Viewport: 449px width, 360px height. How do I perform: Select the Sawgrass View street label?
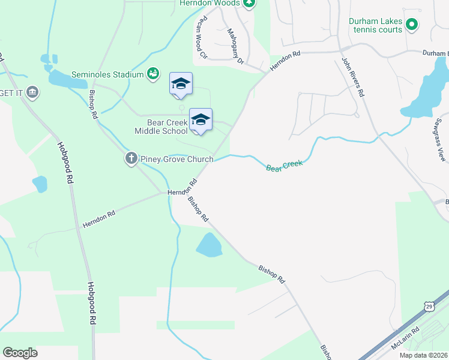pyautogui.click(x=441, y=145)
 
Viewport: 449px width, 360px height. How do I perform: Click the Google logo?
pyautogui.click(x=20, y=353)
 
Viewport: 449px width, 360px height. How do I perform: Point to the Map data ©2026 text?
pyautogui.click(x=423, y=355)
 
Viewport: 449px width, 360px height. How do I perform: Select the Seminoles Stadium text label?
pyautogui.click(x=107, y=74)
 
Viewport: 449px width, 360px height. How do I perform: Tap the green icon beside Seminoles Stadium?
pyautogui.click(x=153, y=74)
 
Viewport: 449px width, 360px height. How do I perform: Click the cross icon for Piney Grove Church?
pyautogui.click(x=131, y=159)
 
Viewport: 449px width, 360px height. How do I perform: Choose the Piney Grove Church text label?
pyautogui.click(x=176, y=159)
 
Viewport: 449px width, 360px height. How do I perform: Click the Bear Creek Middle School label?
pyautogui.click(x=161, y=126)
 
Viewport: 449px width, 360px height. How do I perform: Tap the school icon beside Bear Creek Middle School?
pyautogui.click(x=200, y=119)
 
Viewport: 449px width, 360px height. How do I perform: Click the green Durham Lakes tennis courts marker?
pyautogui.click(x=412, y=25)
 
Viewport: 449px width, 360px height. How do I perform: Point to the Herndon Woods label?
pyautogui.click(x=209, y=3)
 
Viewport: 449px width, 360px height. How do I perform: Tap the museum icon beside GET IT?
pyautogui.click(x=33, y=92)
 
